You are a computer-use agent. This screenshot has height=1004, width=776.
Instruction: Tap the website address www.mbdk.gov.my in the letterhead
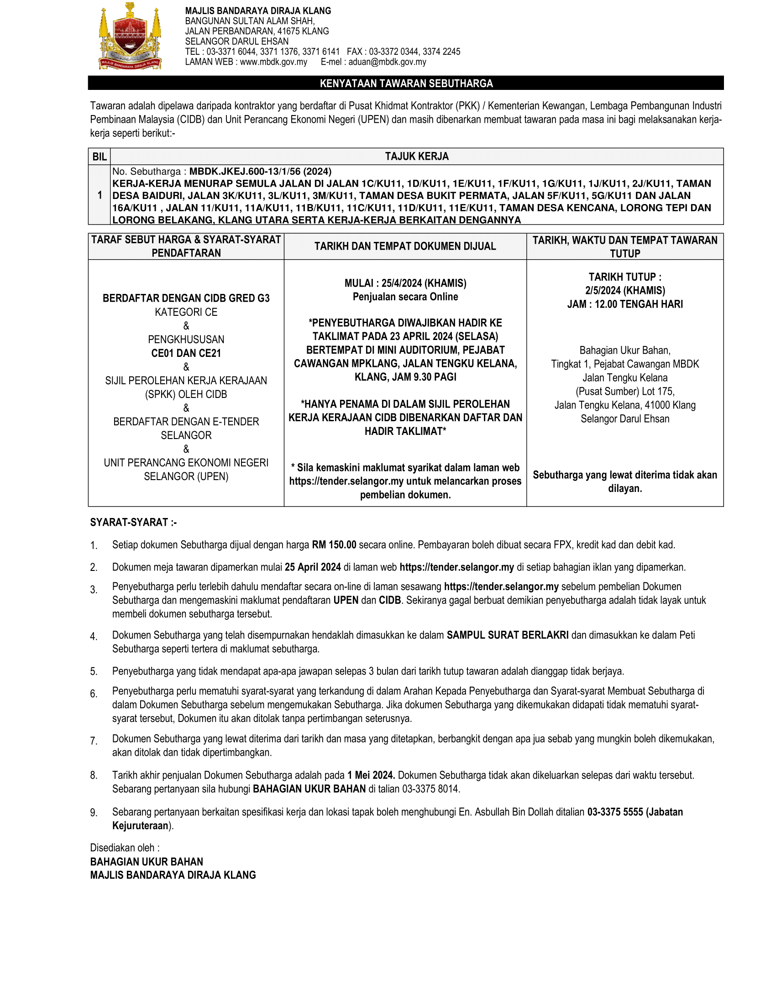(x=273, y=62)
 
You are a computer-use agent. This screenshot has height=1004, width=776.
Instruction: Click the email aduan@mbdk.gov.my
(x=387, y=62)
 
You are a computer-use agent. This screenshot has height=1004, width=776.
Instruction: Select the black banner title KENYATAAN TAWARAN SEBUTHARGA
(x=406, y=83)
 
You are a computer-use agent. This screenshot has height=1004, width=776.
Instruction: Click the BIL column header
(x=100, y=157)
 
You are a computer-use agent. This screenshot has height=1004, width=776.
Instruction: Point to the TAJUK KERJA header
(x=416, y=157)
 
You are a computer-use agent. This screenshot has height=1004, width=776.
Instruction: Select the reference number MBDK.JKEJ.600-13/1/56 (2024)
(x=260, y=172)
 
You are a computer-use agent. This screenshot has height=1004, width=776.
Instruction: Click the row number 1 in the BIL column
(x=100, y=195)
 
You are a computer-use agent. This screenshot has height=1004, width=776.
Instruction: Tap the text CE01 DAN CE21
(x=186, y=353)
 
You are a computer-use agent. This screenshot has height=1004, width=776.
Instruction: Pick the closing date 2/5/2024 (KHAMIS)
(x=625, y=291)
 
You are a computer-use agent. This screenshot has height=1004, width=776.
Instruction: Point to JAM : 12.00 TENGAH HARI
(x=625, y=304)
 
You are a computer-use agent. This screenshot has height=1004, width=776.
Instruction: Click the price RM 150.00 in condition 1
(x=334, y=545)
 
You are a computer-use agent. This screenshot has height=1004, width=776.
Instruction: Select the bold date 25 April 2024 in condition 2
(x=313, y=567)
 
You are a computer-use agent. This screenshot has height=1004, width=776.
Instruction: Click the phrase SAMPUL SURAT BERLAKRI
(x=508, y=635)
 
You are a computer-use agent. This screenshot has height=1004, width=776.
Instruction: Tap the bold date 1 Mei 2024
(x=371, y=775)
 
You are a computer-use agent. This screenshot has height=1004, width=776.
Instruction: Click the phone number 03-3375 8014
(x=431, y=790)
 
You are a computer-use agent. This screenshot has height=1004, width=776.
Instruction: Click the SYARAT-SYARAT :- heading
(x=133, y=523)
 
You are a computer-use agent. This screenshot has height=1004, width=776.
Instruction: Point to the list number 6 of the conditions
(x=94, y=694)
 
